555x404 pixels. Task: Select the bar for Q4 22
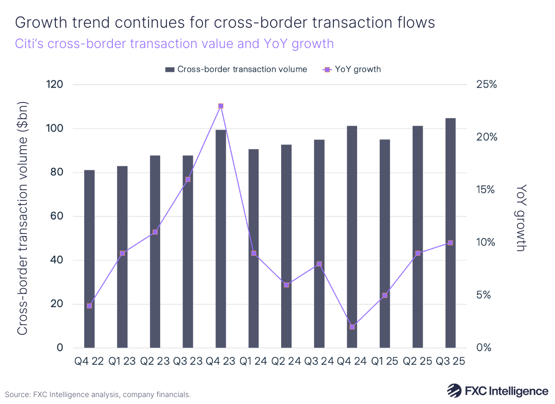coord(89,259)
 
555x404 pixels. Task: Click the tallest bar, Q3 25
coord(450,233)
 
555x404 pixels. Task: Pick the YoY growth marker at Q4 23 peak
coord(221,106)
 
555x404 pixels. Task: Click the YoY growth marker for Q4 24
coord(352,327)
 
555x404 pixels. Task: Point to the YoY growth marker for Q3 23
coord(188,180)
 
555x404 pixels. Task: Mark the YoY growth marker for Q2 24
coord(286,285)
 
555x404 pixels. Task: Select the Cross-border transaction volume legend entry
coord(236,69)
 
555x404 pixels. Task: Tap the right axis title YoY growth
coord(522,217)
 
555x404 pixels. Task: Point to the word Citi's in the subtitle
coord(31,44)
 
